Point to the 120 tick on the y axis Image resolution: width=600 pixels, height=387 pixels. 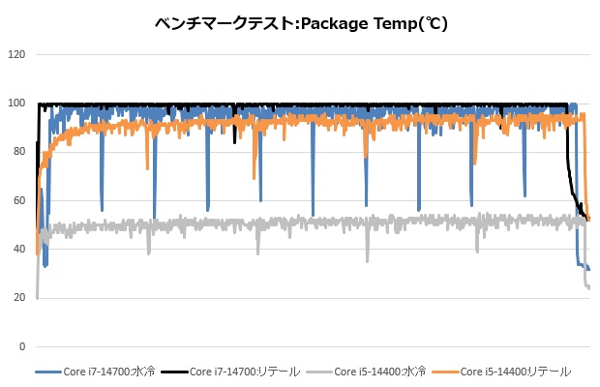pyautogui.click(x=15, y=54)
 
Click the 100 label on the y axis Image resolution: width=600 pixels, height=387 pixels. pyautogui.click(x=15, y=103)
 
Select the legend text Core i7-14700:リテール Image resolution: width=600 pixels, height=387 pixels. pyautogui.click(x=245, y=371)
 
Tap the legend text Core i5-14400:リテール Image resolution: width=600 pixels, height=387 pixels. pyautogui.click(x=515, y=371)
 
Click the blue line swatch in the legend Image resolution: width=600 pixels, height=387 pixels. pyautogui.click(x=47, y=371)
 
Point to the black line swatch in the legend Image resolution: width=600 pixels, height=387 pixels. pyautogui.click(x=173, y=371)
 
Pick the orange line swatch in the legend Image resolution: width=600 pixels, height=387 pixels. pyautogui.click(x=445, y=371)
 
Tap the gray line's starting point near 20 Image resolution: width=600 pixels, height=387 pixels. pyautogui.click(x=38, y=296)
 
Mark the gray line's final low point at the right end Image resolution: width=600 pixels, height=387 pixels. pyautogui.click(x=588, y=287)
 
